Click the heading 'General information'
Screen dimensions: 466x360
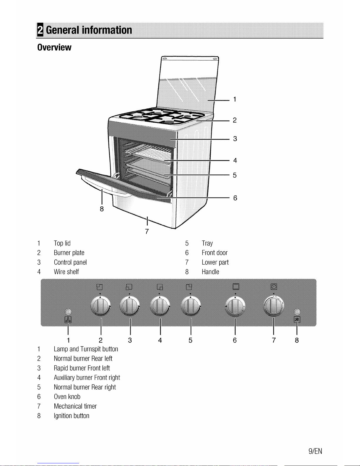(89, 30)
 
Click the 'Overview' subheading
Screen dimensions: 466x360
(54, 48)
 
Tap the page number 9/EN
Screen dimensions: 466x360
(315, 451)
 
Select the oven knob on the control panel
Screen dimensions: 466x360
(235, 306)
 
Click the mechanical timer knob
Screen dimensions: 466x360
(274, 306)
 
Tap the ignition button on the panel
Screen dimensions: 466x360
(297, 312)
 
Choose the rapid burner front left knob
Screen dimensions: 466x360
(130, 306)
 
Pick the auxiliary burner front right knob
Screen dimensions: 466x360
(160, 306)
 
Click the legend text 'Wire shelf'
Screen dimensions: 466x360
(66, 272)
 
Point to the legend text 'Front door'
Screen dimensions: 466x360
(215, 253)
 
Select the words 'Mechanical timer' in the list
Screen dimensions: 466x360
(75, 406)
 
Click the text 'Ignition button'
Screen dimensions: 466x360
(71, 416)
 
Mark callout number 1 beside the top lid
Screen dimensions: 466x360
(235, 99)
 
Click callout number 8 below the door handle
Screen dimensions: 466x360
(102, 209)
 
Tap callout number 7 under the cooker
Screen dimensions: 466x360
(147, 232)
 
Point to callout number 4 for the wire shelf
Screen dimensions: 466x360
(235, 161)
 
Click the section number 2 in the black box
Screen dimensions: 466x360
(40, 30)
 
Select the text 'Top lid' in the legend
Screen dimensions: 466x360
(62, 243)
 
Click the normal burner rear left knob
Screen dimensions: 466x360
(101, 306)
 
